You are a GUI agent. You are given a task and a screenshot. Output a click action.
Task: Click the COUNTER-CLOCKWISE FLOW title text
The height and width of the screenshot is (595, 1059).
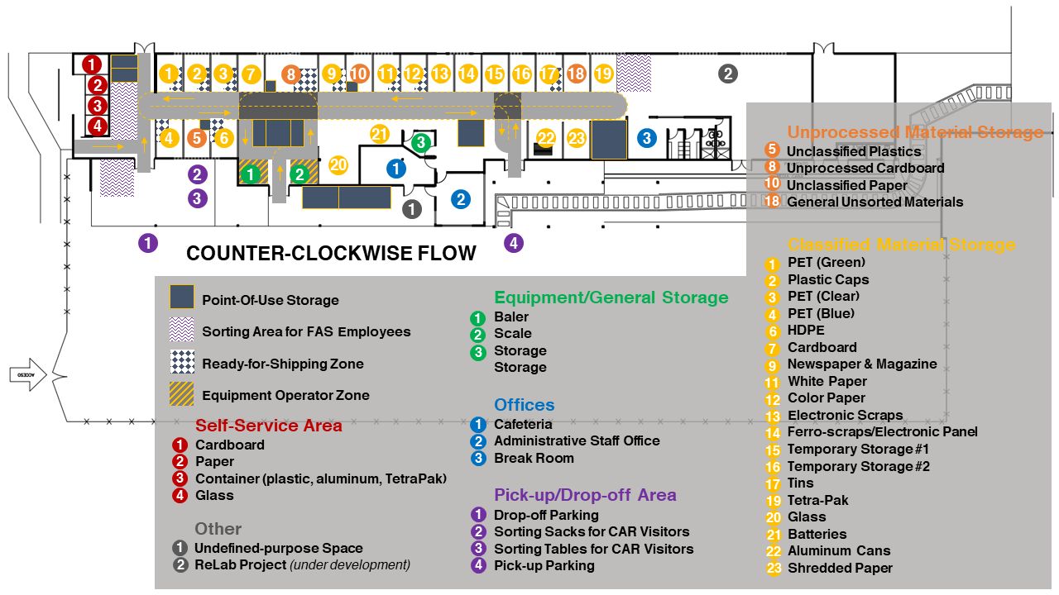331,254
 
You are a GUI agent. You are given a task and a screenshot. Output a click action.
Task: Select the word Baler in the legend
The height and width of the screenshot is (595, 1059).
511,317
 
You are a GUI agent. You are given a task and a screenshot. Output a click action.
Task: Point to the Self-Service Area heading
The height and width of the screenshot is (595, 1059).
268,426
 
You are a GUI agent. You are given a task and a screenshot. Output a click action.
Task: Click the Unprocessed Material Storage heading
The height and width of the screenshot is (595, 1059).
915,132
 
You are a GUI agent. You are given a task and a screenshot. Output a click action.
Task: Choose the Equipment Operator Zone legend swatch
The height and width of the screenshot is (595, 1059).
182,394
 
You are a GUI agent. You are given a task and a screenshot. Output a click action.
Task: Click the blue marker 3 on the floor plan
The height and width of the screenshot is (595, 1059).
646,138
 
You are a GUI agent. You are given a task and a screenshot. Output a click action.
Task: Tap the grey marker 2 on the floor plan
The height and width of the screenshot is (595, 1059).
727,74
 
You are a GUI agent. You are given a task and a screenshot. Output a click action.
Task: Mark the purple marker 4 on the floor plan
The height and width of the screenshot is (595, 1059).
514,243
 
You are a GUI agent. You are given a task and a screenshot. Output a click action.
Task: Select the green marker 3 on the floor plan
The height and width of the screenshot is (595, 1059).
421,142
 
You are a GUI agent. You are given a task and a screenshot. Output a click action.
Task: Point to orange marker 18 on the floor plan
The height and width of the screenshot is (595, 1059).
577,74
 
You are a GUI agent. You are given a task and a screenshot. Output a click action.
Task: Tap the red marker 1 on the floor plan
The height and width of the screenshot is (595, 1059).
93,64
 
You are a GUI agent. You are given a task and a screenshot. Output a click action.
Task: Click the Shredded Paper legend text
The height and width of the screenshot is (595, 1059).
840,568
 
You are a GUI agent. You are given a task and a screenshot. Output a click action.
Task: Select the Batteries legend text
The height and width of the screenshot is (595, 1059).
817,534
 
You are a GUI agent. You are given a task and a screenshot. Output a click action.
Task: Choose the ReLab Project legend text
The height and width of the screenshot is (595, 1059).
240,564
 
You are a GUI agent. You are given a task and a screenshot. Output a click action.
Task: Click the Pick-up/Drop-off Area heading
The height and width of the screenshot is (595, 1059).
585,495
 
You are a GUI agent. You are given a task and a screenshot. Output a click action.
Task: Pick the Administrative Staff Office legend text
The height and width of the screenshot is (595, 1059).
577,440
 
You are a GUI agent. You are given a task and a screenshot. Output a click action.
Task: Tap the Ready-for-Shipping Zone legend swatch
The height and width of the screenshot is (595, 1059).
182,363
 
